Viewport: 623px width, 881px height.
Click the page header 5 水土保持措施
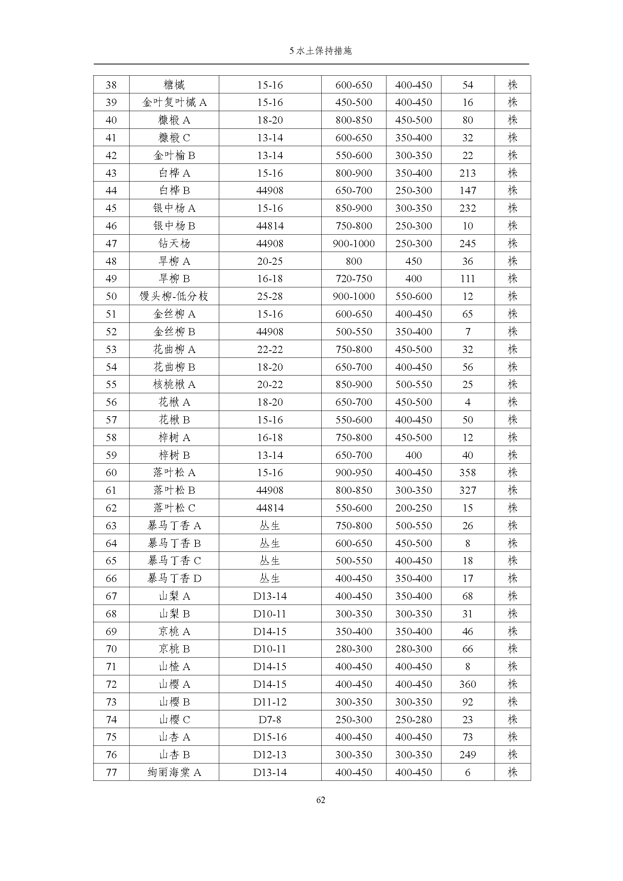pos(320,50)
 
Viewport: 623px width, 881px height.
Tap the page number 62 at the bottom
pos(321,800)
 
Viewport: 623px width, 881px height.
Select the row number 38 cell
pos(111,85)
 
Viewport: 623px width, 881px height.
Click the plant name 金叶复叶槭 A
pos(174,102)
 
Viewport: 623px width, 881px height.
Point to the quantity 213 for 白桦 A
pos(468,173)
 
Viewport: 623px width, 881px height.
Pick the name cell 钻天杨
pos(174,243)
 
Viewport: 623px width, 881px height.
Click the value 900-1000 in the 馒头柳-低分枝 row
pos(354,296)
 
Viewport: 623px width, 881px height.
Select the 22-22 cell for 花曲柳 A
pos(270,349)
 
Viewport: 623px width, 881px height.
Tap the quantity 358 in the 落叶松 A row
pos(468,472)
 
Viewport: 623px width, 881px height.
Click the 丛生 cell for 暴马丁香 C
pos(270,560)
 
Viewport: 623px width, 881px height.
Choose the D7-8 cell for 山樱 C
pos(270,719)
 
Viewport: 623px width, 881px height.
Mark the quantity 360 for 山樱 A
pos(468,684)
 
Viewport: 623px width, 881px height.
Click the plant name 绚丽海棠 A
pos(174,773)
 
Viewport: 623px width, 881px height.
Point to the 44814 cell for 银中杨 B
pos(270,226)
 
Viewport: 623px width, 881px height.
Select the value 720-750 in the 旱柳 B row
pos(354,279)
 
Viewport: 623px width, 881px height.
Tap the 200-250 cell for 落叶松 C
pos(414,508)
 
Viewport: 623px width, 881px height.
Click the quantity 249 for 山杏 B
pos(468,755)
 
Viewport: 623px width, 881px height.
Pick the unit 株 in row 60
pos(513,472)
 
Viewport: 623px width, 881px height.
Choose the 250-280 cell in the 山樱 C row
pos(414,719)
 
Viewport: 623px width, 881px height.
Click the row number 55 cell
pos(111,384)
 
